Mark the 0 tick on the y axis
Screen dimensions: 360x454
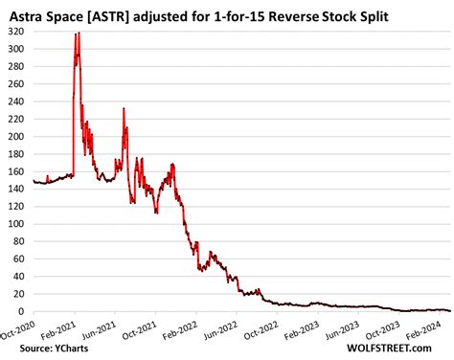[x=25, y=312]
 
